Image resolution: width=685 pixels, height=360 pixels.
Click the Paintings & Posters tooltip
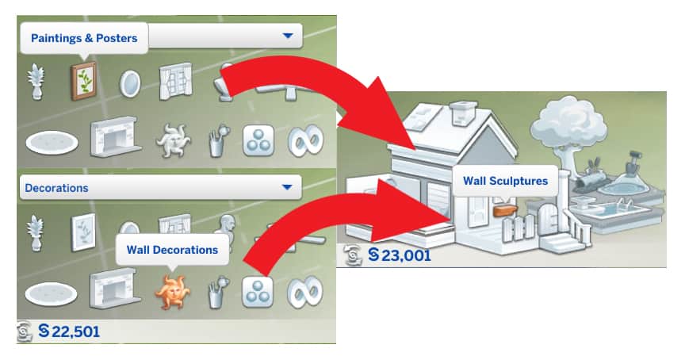coord(84,37)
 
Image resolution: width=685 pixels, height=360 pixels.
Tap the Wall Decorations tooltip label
coord(172,249)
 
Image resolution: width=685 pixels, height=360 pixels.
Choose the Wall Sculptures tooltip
coord(505,181)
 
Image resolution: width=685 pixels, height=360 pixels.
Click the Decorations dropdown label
coord(57,188)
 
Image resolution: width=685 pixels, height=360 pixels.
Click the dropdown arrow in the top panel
coord(287,36)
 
